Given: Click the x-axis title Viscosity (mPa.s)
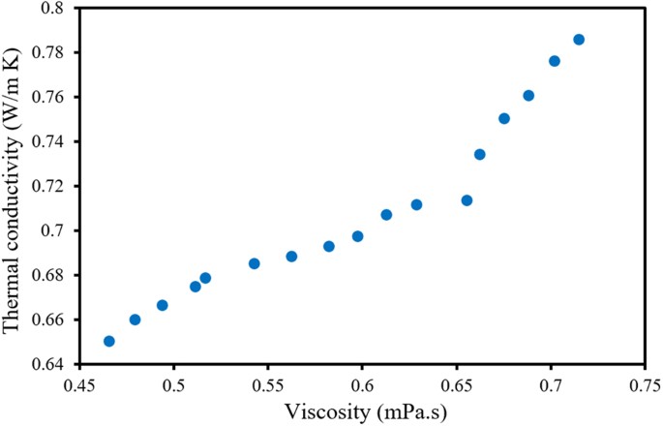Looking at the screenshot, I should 366,412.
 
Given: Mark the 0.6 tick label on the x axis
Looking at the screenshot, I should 364,386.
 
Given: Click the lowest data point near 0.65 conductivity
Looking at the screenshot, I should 109,341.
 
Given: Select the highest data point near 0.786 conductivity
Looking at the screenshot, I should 579,40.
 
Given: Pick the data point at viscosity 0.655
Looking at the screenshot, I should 467,200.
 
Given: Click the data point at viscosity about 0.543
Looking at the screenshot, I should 255,263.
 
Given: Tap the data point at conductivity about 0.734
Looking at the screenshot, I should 480,154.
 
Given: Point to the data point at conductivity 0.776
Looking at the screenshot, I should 555,61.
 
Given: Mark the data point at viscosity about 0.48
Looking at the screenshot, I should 136,319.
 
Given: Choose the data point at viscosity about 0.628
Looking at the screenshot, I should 416,204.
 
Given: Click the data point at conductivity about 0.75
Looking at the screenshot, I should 504,118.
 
